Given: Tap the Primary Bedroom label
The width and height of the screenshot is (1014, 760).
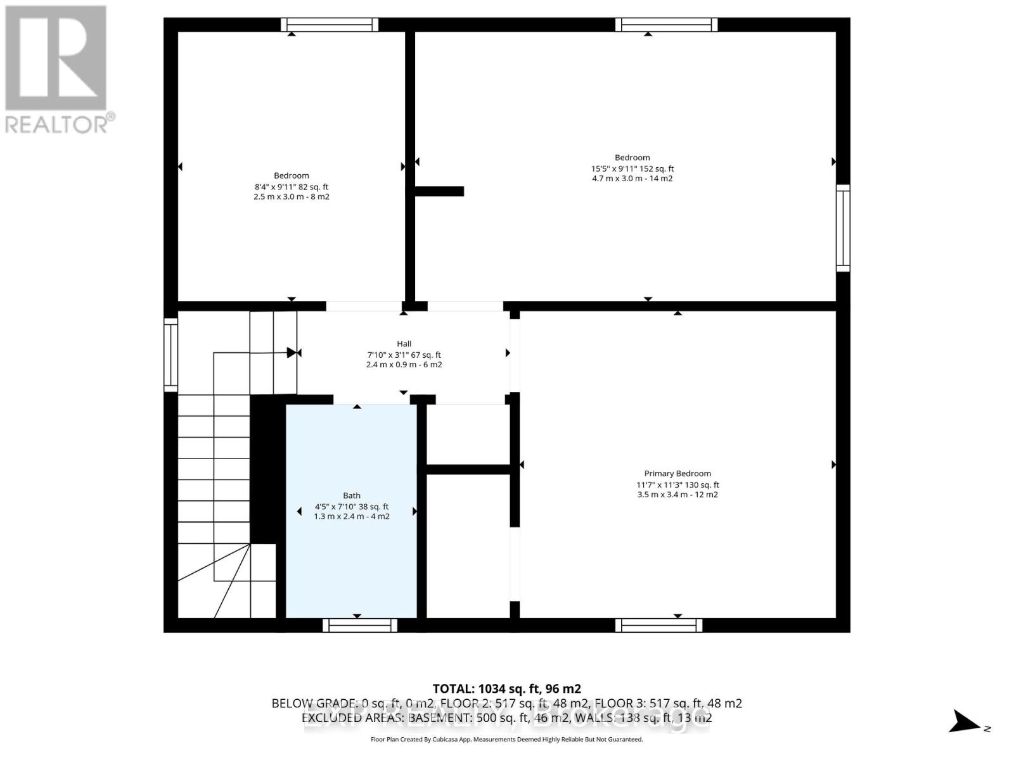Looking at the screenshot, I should pyautogui.click(x=677, y=474).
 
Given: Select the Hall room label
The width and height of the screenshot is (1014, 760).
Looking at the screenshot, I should pyautogui.click(x=404, y=344).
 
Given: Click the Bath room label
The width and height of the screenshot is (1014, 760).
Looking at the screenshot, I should pyautogui.click(x=352, y=496).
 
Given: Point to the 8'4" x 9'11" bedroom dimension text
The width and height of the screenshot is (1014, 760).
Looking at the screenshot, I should pyautogui.click(x=292, y=187).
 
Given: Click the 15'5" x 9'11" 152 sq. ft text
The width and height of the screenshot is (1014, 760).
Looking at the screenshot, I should pyautogui.click(x=632, y=168).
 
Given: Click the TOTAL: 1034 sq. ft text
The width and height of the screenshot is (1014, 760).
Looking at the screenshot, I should pyautogui.click(x=506, y=688).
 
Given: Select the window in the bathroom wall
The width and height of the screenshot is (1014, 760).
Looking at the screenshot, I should pyautogui.click(x=360, y=625).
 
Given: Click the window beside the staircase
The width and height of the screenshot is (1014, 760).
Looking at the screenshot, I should pyautogui.click(x=170, y=355).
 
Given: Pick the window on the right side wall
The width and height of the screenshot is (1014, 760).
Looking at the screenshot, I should pyautogui.click(x=843, y=228).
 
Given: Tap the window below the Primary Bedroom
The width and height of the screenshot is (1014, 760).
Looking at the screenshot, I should pyautogui.click(x=658, y=625).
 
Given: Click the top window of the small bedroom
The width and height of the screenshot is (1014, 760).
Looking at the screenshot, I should pyautogui.click(x=330, y=25).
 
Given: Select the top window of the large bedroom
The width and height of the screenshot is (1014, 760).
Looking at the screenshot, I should pyautogui.click(x=666, y=25).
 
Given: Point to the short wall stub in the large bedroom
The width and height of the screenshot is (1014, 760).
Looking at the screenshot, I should pyautogui.click(x=439, y=191).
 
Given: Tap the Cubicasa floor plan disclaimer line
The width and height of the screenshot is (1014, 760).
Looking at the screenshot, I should pyautogui.click(x=506, y=740).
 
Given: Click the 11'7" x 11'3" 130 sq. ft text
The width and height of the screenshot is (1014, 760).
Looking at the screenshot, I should pyautogui.click(x=677, y=485).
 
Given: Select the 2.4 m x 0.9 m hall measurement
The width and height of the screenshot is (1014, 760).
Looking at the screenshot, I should pyautogui.click(x=404, y=365).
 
